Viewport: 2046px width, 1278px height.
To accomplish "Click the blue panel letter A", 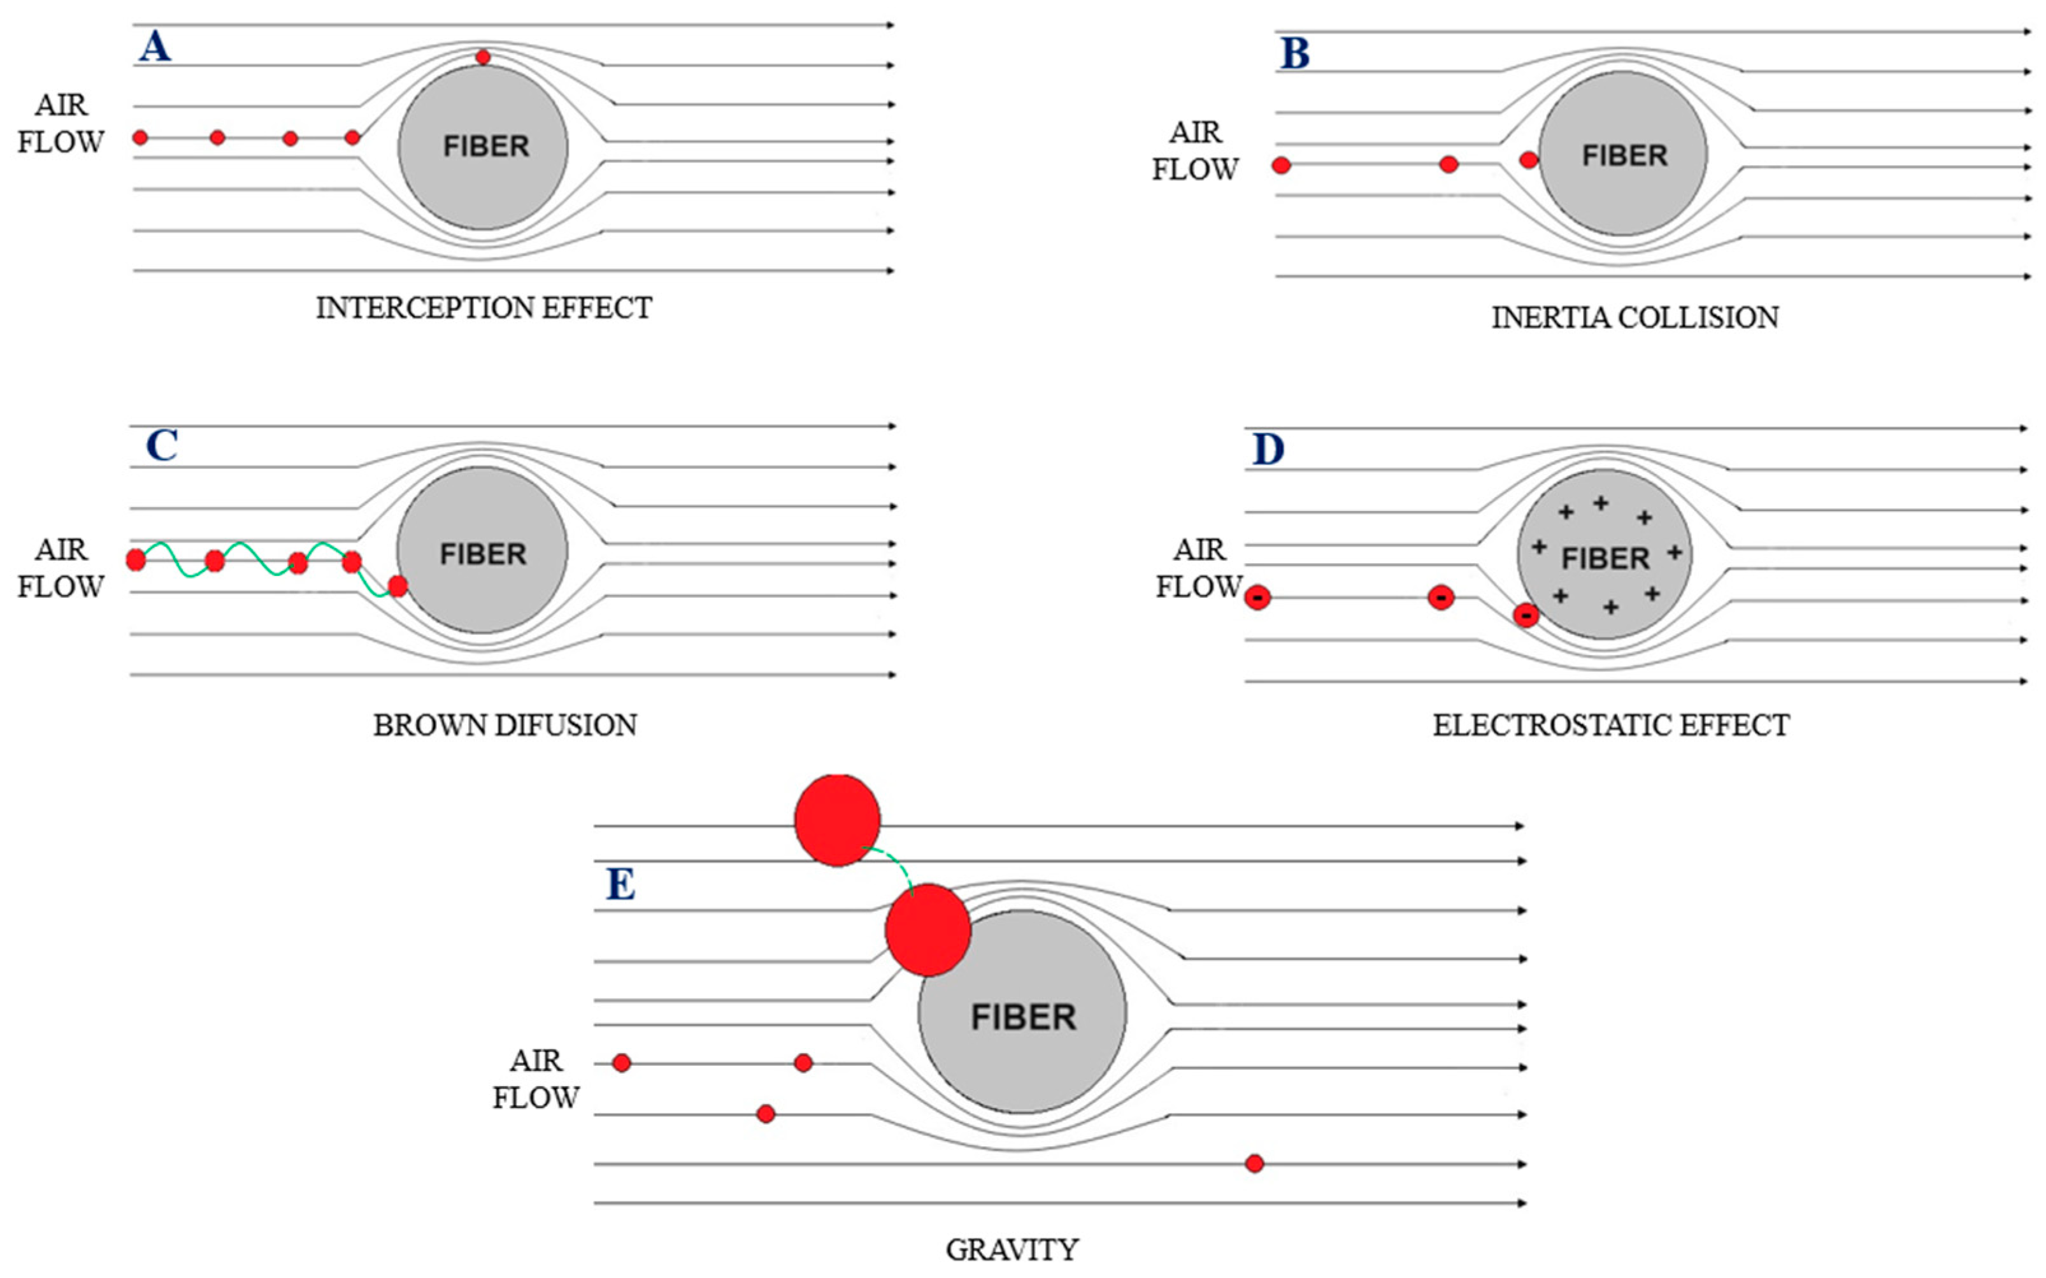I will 155,47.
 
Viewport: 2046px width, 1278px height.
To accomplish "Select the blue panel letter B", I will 1295,54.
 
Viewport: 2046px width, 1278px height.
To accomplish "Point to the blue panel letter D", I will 1268,450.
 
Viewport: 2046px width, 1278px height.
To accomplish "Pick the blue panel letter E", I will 621,885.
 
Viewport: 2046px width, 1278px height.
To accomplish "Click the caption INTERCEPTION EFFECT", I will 483,308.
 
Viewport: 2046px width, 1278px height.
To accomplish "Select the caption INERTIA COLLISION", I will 1635,318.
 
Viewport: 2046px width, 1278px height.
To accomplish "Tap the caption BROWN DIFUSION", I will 504,725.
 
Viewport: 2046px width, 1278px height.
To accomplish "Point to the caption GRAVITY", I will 1012,1249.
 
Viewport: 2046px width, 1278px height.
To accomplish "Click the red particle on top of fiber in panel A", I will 483,57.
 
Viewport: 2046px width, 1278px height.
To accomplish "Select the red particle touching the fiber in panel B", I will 1528,160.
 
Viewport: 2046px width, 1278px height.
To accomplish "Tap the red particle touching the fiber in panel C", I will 397,585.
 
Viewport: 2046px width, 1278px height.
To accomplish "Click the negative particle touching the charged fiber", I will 1526,615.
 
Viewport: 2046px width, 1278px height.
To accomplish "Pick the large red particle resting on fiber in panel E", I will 927,930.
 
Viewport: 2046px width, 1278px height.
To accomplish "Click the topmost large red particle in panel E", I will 836,820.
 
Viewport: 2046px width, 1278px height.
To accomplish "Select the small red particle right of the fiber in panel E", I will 1254,1164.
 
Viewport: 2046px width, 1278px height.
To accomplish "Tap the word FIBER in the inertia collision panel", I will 1624,155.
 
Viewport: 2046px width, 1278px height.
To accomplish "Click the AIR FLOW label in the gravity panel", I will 536,1079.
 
